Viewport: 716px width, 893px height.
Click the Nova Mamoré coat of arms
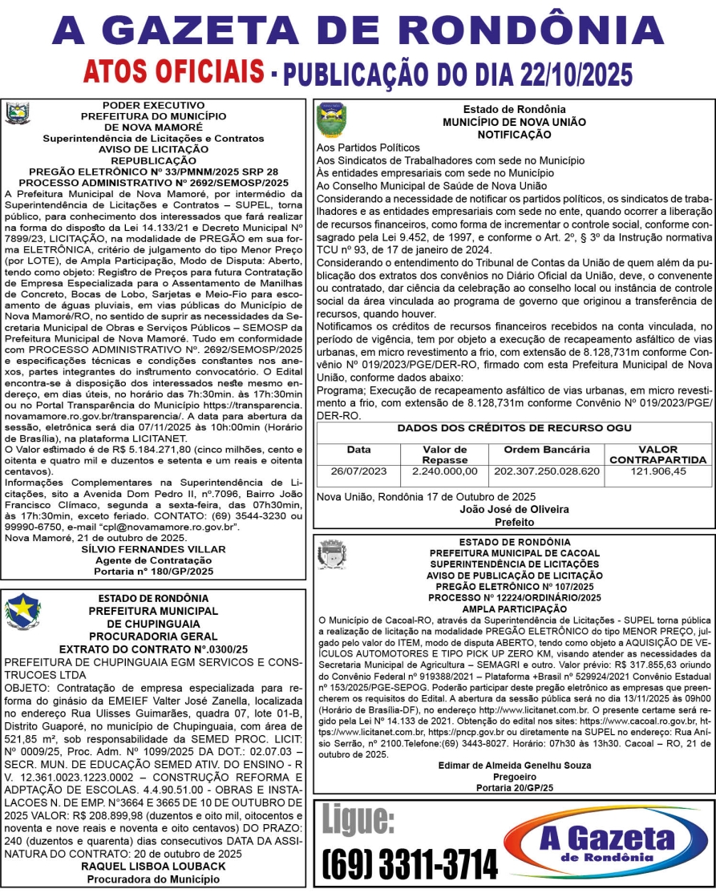(x=17, y=113)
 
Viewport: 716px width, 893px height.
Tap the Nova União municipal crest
(x=331, y=120)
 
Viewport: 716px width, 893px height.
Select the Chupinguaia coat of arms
(x=22, y=612)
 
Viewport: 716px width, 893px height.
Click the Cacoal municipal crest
(x=331, y=554)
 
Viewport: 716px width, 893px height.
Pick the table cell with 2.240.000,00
(x=444, y=471)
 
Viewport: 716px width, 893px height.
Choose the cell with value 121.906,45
(x=657, y=471)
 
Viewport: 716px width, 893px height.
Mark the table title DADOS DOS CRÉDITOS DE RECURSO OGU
(x=514, y=429)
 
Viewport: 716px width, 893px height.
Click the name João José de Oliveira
(x=514, y=509)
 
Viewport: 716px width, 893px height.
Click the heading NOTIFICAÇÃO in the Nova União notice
(x=514, y=135)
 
